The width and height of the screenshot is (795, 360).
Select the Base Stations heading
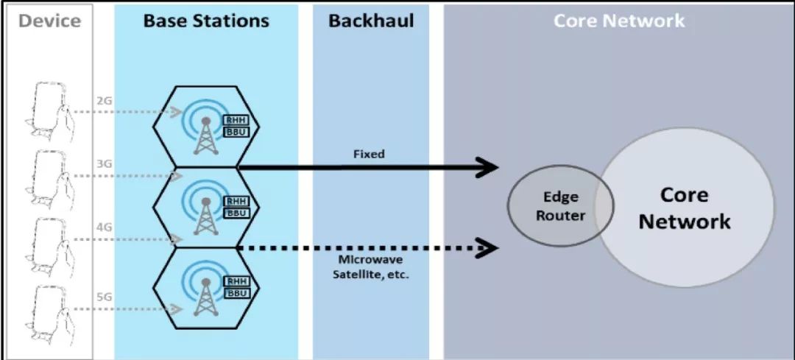click(x=206, y=21)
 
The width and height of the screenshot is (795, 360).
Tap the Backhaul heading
click(x=371, y=21)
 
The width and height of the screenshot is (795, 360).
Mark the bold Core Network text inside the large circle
click(x=684, y=208)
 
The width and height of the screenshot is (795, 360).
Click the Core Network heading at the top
click(x=618, y=21)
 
